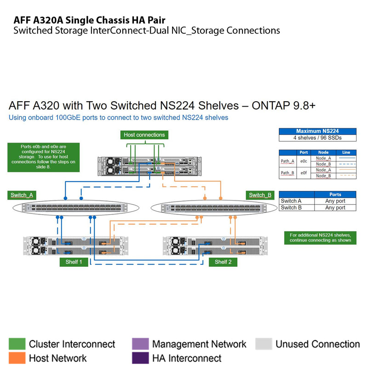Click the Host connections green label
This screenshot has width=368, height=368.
(144, 135)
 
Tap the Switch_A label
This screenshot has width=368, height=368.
(22, 195)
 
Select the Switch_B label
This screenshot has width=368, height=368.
(260, 195)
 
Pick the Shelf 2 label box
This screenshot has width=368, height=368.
(223, 262)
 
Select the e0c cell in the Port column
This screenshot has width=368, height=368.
(304, 161)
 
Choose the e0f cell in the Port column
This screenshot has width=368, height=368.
(304, 173)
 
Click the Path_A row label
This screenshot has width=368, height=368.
(287, 161)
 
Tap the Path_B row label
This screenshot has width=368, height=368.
(287, 173)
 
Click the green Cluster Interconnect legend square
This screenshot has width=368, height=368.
(17, 344)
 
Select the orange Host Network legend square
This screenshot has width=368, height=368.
(17, 358)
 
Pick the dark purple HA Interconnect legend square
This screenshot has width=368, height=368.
(140, 358)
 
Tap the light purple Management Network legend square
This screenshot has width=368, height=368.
(140, 344)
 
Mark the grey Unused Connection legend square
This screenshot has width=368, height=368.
(264, 344)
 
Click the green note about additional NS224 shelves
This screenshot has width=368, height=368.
(320, 237)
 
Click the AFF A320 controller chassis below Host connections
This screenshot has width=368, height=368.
(150, 165)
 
